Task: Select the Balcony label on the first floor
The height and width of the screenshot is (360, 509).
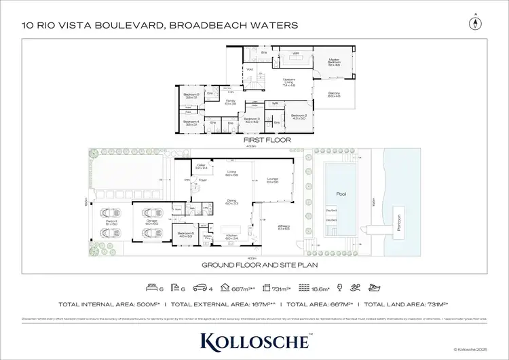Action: (333, 94)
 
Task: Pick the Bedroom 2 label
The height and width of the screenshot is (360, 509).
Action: (299, 117)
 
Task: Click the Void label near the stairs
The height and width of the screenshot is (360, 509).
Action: (250, 69)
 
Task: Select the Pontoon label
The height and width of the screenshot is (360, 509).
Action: (398, 223)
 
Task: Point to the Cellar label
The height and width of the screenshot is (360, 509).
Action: (201, 166)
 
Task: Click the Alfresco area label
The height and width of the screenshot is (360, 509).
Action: (284, 227)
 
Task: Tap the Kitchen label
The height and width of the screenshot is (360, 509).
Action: (231, 237)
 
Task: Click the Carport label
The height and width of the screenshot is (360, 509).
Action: (113, 221)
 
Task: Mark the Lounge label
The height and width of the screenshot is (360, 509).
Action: (273, 180)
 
